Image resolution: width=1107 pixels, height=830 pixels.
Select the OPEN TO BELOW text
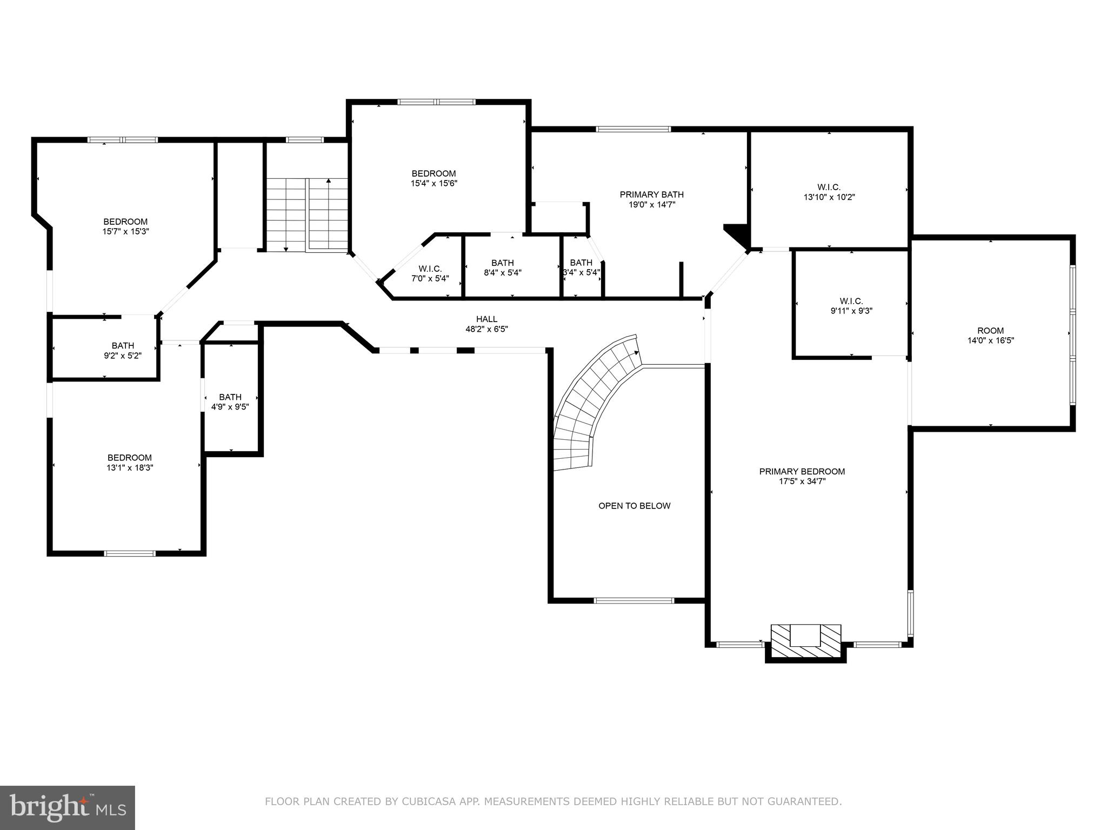[634, 506]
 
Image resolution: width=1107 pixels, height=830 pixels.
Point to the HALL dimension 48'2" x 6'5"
[486, 329]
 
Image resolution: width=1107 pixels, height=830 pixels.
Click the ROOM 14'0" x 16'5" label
[990, 336]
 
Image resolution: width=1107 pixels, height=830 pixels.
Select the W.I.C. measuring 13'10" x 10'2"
[829, 192]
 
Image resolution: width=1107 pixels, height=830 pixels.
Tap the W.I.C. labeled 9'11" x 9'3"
[851, 306]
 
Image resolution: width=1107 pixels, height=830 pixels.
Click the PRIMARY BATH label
[651, 199]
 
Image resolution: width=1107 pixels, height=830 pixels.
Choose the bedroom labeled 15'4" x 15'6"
[434, 178]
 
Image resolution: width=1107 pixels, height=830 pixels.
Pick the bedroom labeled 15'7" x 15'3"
[125, 226]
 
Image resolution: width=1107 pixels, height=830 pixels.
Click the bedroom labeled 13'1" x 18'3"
[129, 463]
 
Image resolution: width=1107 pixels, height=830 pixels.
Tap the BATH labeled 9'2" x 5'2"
[123, 350]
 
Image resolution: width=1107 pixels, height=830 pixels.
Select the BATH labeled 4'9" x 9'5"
[230, 401]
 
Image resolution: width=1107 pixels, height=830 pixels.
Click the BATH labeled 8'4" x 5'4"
[502, 267]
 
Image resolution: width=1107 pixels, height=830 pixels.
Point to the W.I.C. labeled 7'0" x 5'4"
[430, 273]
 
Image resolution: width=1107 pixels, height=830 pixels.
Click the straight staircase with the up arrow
[307, 215]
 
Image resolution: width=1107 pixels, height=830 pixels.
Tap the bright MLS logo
[67, 807]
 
